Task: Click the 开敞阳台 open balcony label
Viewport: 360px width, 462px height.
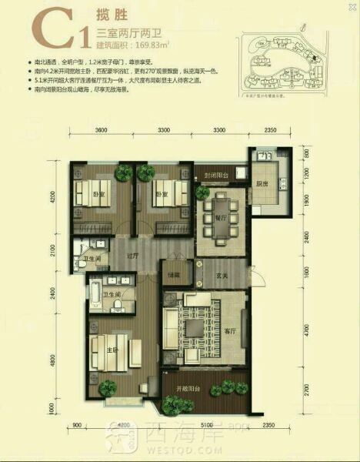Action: (204, 390)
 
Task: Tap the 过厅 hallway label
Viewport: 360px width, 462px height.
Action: (132, 256)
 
